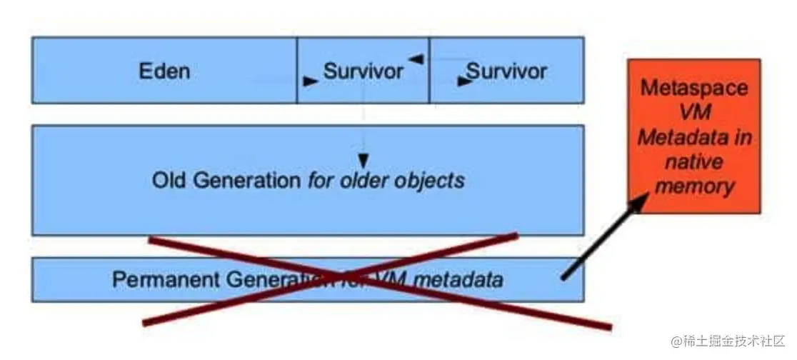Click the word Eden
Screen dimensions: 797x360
click(x=164, y=71)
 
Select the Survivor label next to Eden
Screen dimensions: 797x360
click(x=363, y=71)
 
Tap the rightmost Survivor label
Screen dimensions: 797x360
click(x=506, y=71)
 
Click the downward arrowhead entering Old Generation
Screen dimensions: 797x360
click(x=364, y=158)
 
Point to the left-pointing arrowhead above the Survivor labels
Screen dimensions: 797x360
click(x=416, y=59)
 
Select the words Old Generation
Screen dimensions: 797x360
click(x=226, y=180)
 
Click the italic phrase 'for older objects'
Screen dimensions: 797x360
click(x=386, y=180)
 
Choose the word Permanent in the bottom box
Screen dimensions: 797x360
click(x=156, y=279)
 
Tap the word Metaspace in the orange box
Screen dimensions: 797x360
click(x=694, y=89)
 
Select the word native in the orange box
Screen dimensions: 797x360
click(x=694, y=162)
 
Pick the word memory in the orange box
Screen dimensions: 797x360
click(x=694, y=186)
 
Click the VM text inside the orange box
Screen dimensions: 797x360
click(x=694, y=113)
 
